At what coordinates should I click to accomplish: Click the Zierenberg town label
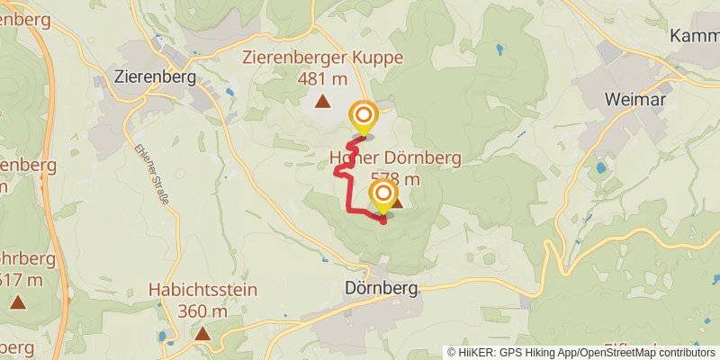tap(156, 76)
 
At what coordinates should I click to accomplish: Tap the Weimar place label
tap(635, 99)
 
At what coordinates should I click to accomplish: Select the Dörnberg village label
tap(382, 290)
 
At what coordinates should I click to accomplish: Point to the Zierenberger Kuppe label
tap(322, 58)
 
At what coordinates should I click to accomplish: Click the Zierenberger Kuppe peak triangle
tap(322, 101)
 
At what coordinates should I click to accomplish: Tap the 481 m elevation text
tap(322, 78)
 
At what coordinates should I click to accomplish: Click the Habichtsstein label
tap(203, 291)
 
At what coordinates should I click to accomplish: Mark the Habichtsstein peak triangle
tap(203, 333)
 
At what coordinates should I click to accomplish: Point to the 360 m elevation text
tap(203, 310)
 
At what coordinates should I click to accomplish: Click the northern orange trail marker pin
tap(364, 115)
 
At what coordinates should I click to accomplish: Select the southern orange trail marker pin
tap(383, 193)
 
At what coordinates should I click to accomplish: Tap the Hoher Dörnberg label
tap(395, 158)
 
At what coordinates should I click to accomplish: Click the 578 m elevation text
tap(396, 178)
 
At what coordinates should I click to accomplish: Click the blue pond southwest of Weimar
tap(600, 167)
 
